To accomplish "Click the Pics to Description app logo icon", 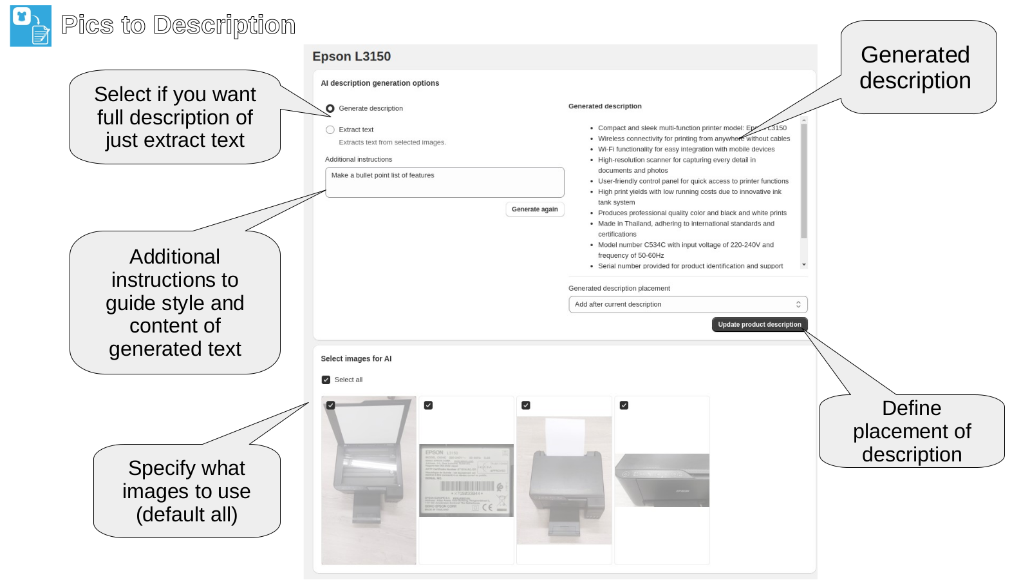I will pos(30,26).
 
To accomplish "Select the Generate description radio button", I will pos(330,108).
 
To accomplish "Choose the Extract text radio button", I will pos(330,130).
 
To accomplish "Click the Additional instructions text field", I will pos(444,182).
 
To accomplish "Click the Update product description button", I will pos(759,325).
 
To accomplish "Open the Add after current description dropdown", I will pos(688,304).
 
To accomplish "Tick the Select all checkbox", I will pos(326,380).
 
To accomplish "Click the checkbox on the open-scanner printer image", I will pos(330,405).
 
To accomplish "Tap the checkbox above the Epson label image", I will pos(428,405).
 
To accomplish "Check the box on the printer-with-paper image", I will pos(526,405).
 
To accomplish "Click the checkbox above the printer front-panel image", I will pos(624,405).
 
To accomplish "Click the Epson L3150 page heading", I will pos(351,57).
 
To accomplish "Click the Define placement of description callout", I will pos(912,430).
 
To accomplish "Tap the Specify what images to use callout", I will pos(186,491).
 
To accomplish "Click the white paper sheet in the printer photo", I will pos(565,435).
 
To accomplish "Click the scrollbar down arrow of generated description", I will pos(804,265).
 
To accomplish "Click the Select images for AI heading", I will pos(356,359).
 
